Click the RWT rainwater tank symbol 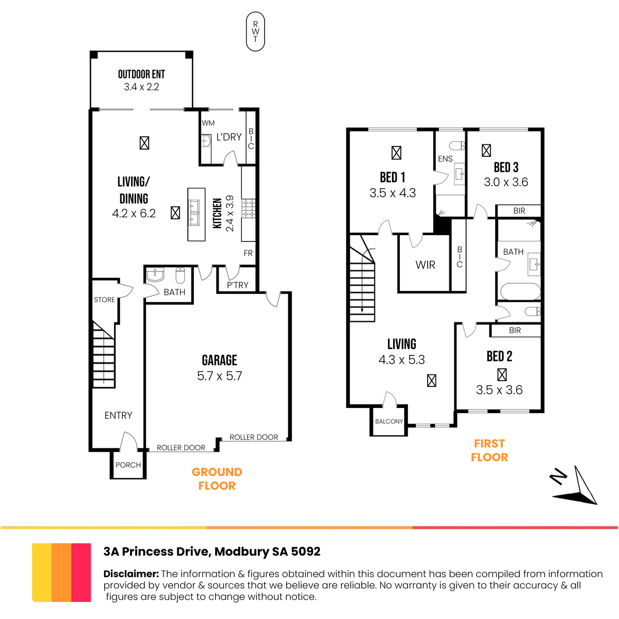[255, 31]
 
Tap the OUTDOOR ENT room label [141, 74]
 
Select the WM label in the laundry [208, 123]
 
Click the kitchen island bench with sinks [196, 214]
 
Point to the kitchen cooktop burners [249, 208]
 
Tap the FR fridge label [248, 253]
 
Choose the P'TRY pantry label [238, 285]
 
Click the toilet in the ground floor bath [180, 275]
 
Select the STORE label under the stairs [104, 300]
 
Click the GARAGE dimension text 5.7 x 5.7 [219, 376]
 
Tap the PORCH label [128, 465]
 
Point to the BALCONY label [389, 421]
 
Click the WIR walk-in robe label [425, 265]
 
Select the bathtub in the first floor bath [520, 291]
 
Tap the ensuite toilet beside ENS [457, 145]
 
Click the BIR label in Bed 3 [519, 211]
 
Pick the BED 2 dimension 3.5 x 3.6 [499, 390]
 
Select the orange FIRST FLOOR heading [490, 450]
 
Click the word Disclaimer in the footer [131, 574]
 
